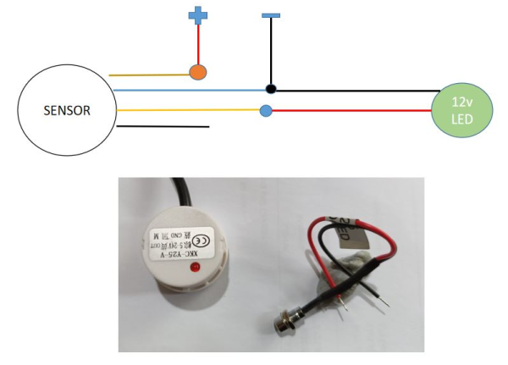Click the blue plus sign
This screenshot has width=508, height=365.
point(197,14)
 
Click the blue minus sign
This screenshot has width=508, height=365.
point(271,14)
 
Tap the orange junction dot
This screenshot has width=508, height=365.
point(198,73)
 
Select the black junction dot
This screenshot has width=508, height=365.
point(271,89)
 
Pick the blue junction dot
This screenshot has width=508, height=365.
point(266,110)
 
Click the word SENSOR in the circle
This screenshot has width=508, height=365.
point(66,110)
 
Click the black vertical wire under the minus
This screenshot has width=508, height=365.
point(271,51)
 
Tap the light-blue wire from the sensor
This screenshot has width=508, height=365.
point(186,89)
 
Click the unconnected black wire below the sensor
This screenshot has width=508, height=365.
point(161,127)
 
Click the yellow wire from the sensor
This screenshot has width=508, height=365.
point(186,109)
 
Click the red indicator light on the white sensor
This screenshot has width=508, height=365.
point(196,268)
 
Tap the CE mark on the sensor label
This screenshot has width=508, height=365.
point(194,238)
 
